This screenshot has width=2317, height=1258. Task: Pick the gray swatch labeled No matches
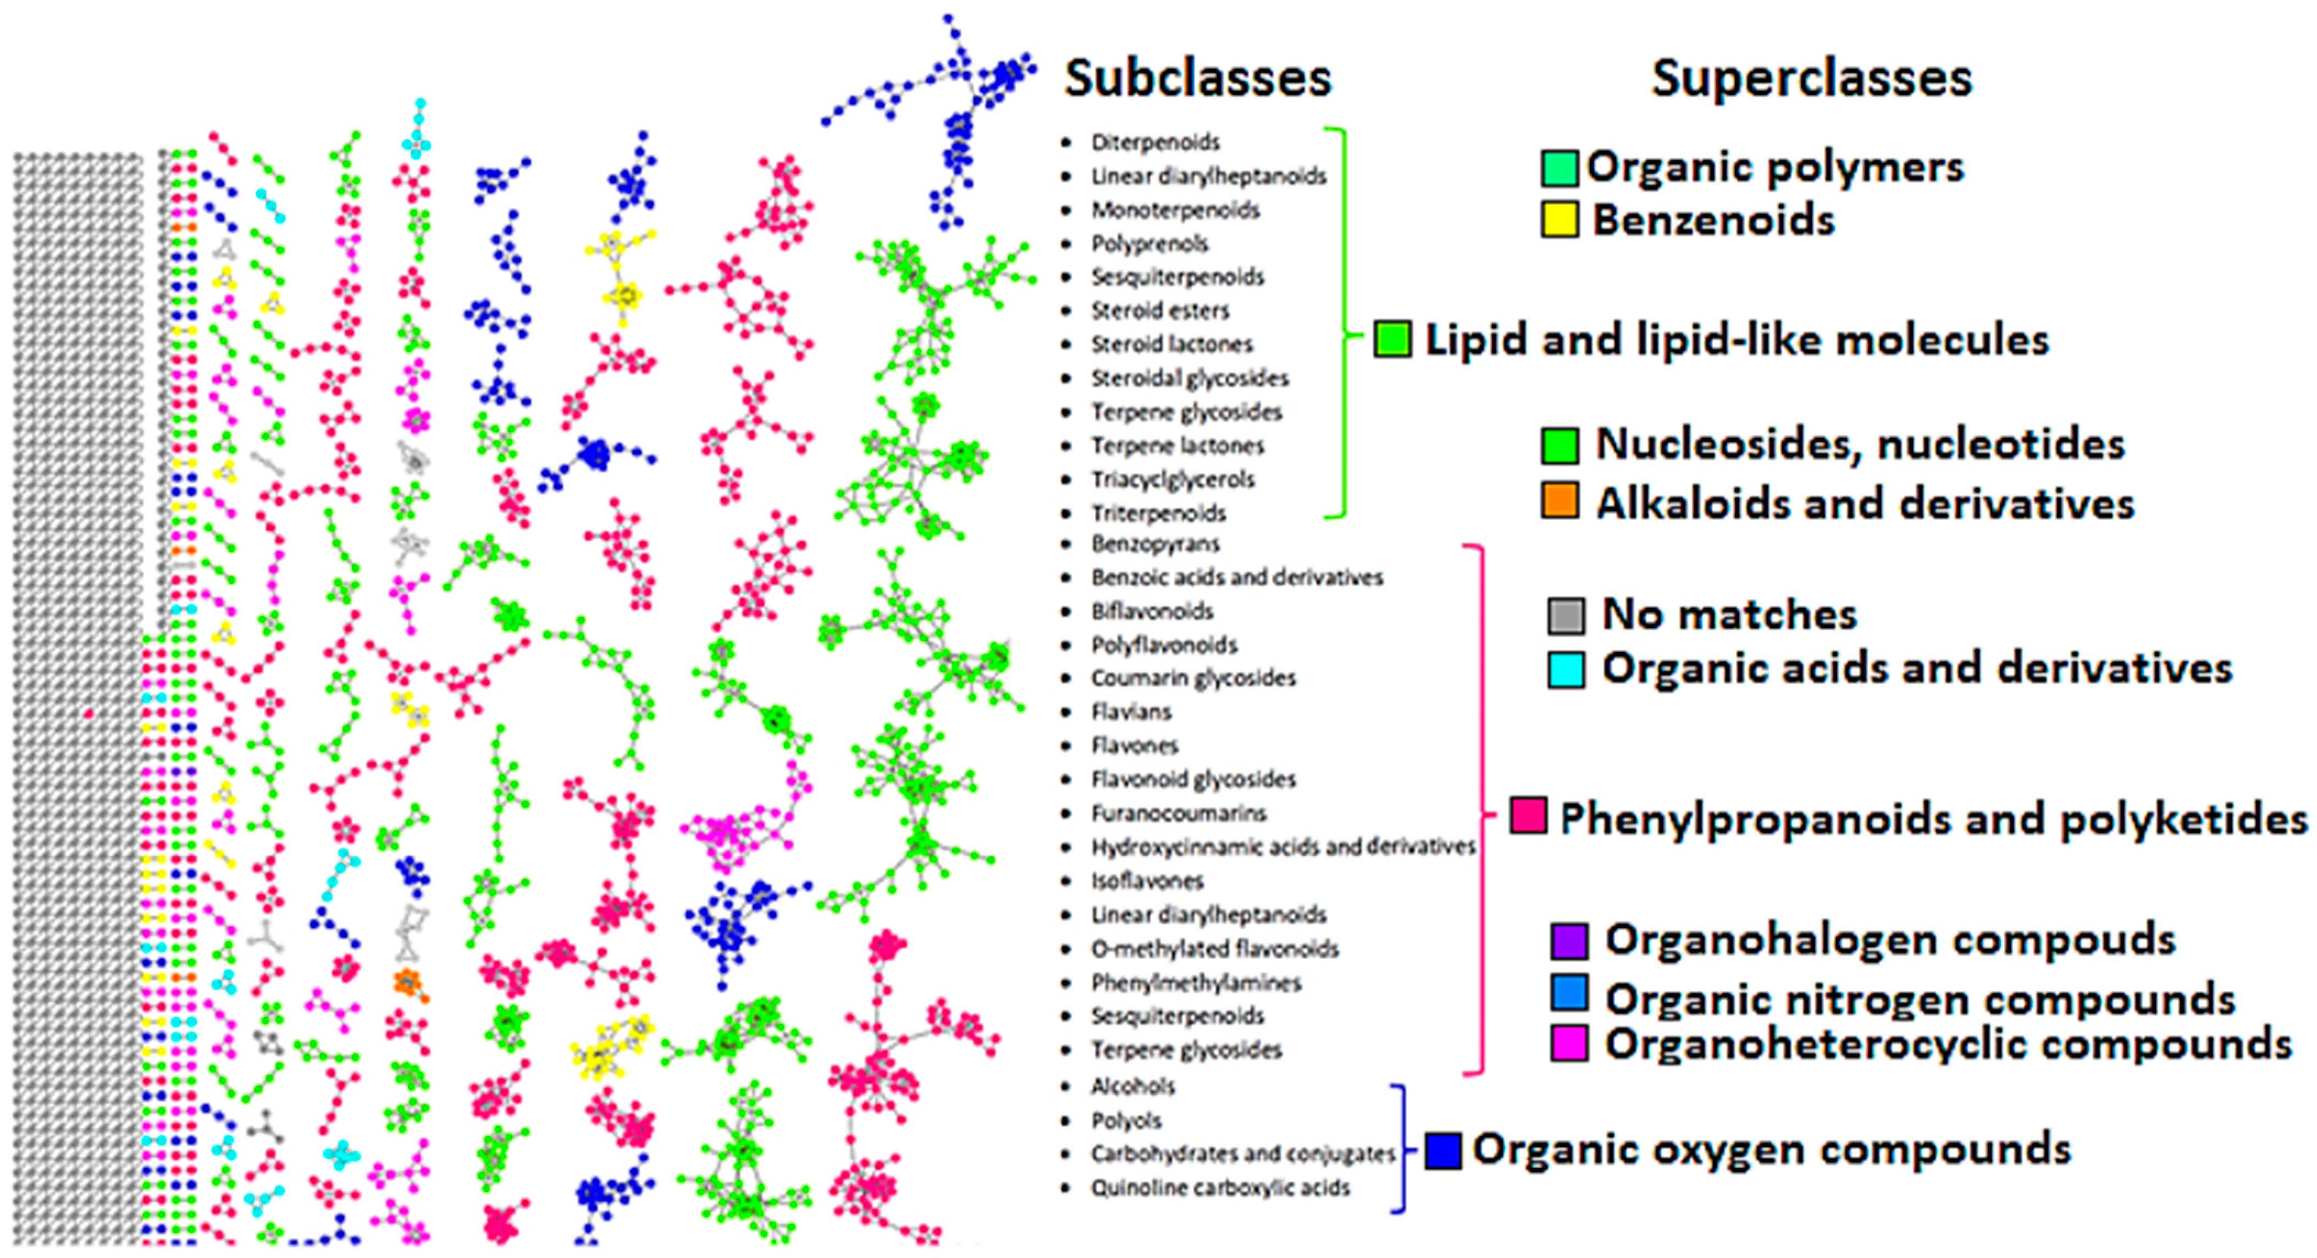point(1566,615)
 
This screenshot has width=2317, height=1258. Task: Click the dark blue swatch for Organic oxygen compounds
point(1443,1151)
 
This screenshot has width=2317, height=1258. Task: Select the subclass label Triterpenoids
point(1159,513)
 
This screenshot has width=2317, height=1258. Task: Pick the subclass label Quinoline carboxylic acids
point(1220,1188)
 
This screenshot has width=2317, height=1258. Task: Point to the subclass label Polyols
point(1126,1121)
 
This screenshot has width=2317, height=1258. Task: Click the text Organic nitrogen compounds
point(1920,999)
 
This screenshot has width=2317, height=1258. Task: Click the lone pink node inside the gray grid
point(88,714)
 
